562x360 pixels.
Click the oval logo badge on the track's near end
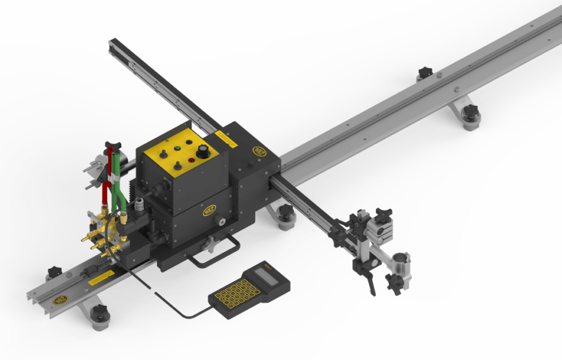pos(60,299)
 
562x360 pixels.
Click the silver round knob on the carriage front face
pos(220,220)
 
